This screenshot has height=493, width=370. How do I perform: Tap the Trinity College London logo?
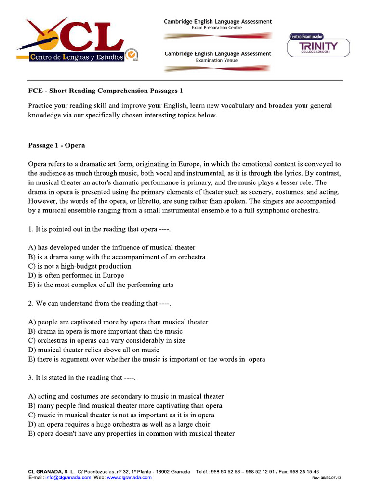click(x=318, y=47)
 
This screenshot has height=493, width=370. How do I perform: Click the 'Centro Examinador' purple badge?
click(x=306, y=36)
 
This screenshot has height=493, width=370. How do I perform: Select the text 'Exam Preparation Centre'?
click(x=217, y=28)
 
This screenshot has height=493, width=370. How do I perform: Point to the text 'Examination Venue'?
click(x=217, y=60)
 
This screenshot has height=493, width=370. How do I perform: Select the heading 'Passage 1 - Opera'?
click(x=56, y=145)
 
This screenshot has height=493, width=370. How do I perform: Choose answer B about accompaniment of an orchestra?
click(x=117, y=257)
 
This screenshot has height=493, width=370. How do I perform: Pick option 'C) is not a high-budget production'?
click(x=79, y=266)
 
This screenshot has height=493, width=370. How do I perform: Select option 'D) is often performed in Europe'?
click(x=76, y=275)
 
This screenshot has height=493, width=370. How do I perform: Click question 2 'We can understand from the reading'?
click(x=100, y=303)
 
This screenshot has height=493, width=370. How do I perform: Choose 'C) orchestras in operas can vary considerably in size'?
click(x=106, y=340)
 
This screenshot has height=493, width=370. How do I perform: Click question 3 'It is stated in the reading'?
click(x=82, y=378)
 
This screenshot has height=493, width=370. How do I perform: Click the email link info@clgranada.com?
click(x=68, y=478)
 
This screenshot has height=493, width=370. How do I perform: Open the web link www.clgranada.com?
click(x=129, y=478)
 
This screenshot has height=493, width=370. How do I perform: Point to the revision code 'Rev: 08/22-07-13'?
click(x=327, y=478)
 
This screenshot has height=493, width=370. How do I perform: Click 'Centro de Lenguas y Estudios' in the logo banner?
click(x=76, y=57)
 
